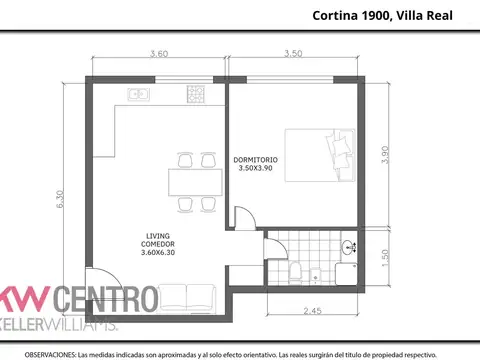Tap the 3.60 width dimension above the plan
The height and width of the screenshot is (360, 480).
click(158, 54)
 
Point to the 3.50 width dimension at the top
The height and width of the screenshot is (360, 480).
click(293, 54)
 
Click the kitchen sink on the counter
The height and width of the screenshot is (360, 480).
click(138, 95)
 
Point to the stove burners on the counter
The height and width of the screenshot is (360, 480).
click(193, 95)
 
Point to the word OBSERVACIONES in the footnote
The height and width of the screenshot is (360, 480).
click(51, 354)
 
